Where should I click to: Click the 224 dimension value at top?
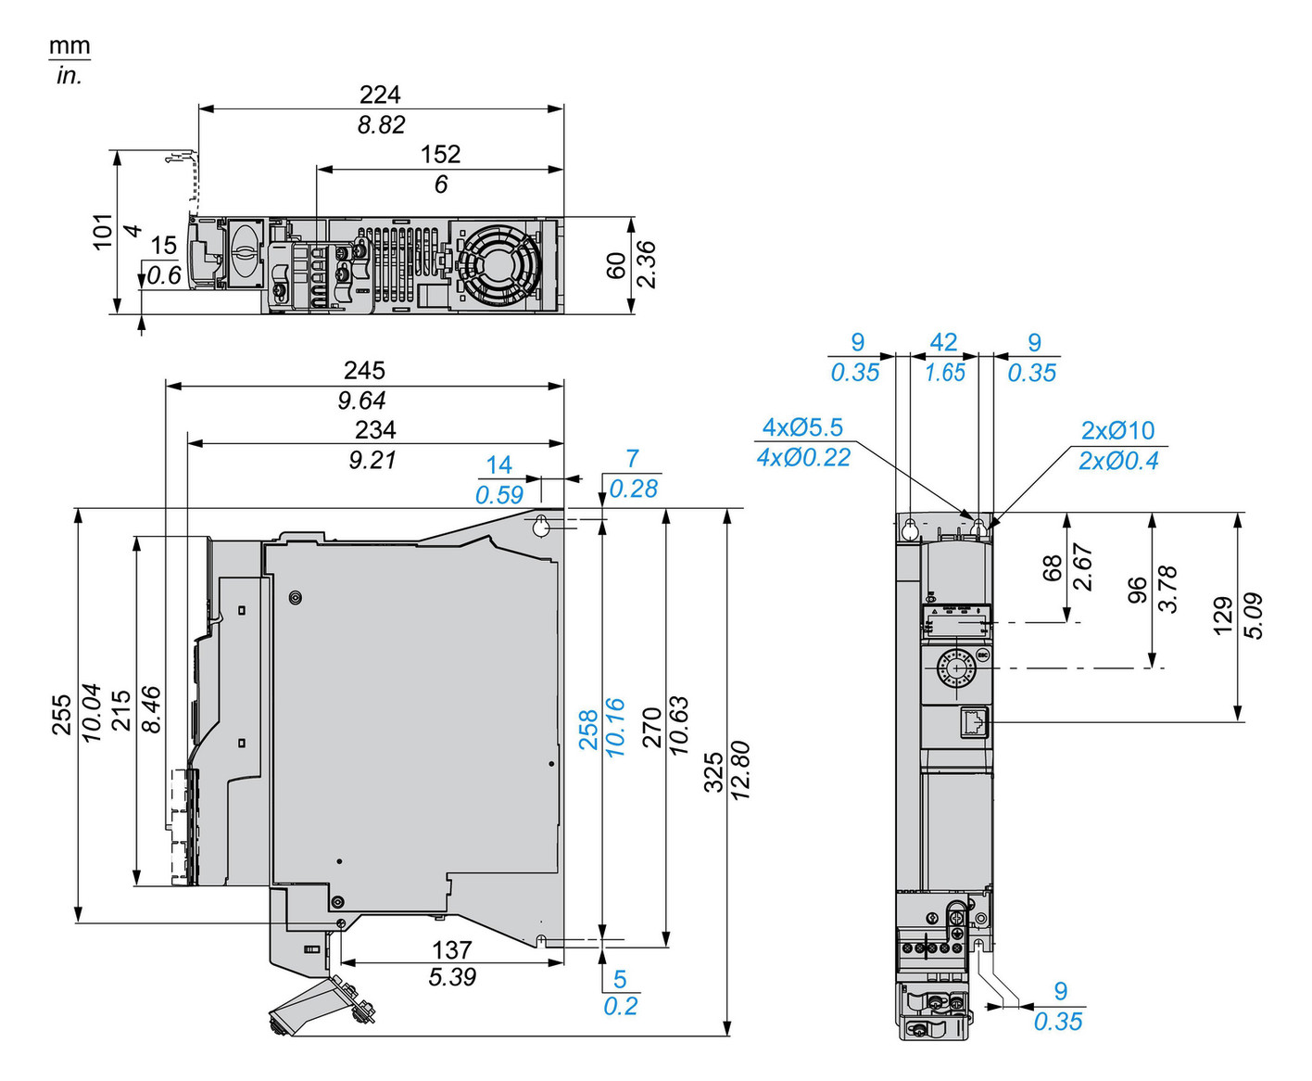[x=380, y=95]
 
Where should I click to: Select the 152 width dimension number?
[x=440, y=154]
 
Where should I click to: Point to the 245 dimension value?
[x=364, y=371]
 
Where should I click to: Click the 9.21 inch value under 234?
[x=372, y=460]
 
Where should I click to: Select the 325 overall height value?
[x=713, y=771]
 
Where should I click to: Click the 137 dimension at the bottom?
[x=451, y=950]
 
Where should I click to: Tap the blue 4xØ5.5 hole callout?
[x=802, y=427]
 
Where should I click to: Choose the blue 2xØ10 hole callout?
[x=1117, y=430]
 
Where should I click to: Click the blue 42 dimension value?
[x=943, y=343]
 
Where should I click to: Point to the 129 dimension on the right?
[x=1223, y=616]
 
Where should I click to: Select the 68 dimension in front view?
[x=1053, y=567]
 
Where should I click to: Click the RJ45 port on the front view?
[x=976, y=722]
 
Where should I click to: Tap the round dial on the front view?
[x=954, y=667]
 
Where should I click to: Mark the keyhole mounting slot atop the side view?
[x=541, y=527]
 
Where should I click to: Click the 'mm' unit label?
[x=69, y=45]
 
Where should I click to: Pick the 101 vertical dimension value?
[x=103, y=231]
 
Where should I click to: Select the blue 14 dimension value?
[x=498, y=464]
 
